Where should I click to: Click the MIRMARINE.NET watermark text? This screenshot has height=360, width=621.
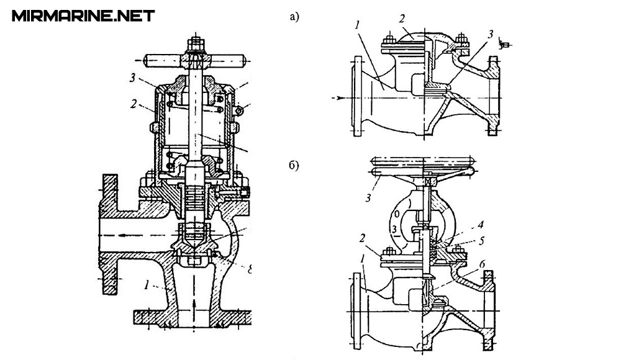(83, 16)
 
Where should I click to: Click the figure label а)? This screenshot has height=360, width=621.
(294, 17)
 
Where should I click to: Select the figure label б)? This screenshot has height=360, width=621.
(294, 166)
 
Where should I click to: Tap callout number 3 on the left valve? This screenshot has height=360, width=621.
(133, 78)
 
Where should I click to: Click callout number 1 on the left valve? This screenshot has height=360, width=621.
(147, 284)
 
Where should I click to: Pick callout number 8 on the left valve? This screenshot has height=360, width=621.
(250, 270)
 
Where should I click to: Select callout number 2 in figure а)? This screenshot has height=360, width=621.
(402, 19)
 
